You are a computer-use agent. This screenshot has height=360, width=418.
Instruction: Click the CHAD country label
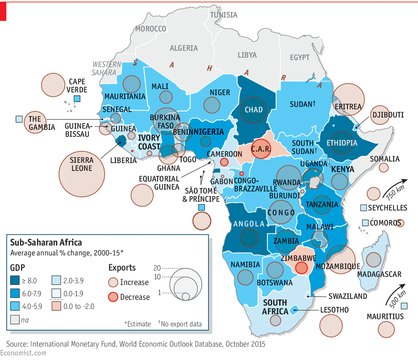[254, 110]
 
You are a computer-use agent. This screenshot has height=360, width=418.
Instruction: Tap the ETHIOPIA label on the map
[341, 143]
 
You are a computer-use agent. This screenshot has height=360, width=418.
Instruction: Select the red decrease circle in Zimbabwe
[301, 268]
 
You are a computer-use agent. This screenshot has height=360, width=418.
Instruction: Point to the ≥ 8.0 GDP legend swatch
[15, 280]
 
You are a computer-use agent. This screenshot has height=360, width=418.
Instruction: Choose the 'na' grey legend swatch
[15, 320]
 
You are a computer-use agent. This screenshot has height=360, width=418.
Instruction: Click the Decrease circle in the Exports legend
[113, 297]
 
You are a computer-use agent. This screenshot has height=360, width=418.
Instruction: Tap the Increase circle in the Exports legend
[113, 282]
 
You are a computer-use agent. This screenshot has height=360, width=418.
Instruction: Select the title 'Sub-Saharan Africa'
[46, 242]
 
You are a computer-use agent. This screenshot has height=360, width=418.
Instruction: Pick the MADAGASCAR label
[379, 274]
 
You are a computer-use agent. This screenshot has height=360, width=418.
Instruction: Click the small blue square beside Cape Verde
[77, 99]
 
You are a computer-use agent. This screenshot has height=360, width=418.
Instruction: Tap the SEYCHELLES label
[387, 208]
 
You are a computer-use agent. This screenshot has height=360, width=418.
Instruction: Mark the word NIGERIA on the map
[209, 132]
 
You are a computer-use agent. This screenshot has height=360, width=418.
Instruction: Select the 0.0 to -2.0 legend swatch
[57, 306]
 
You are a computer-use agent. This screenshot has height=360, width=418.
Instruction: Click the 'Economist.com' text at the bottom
[23, 353]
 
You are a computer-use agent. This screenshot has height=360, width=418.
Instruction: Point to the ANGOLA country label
[249, 224]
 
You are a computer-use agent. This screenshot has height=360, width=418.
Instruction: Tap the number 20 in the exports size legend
[157, 268]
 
